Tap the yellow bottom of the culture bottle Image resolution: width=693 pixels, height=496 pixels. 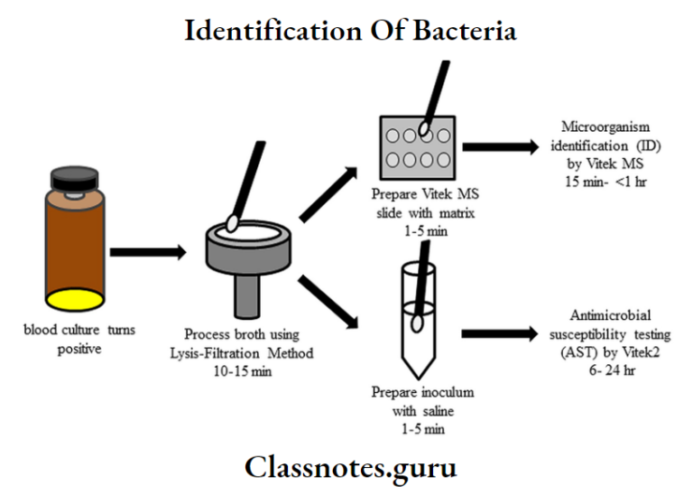coord(74,298)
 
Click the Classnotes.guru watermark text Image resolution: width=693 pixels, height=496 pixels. coord(350,468)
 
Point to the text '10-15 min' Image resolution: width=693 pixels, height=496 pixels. coord(248,371)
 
